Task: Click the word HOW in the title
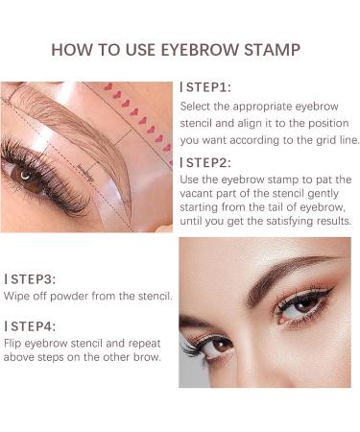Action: coord(70,49)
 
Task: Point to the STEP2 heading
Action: coord(204,161)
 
